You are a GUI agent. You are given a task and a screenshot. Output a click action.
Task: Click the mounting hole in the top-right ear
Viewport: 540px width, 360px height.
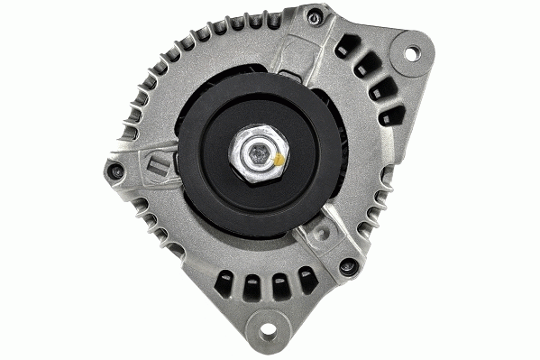coord(411,54)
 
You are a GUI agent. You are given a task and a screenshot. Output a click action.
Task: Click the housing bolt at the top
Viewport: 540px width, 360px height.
coord(313,15)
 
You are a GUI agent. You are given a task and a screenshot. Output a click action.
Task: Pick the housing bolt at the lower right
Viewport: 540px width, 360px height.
coord(347,266)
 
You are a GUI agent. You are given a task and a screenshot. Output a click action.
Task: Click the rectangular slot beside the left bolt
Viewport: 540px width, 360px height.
coord(157,166)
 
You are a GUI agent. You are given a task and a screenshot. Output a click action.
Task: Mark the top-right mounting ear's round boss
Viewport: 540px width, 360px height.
coord(411,54)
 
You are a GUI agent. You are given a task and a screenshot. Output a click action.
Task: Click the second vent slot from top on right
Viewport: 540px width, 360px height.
coord(365,65)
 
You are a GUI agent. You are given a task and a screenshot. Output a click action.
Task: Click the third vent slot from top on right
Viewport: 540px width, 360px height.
coord(380,89)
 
